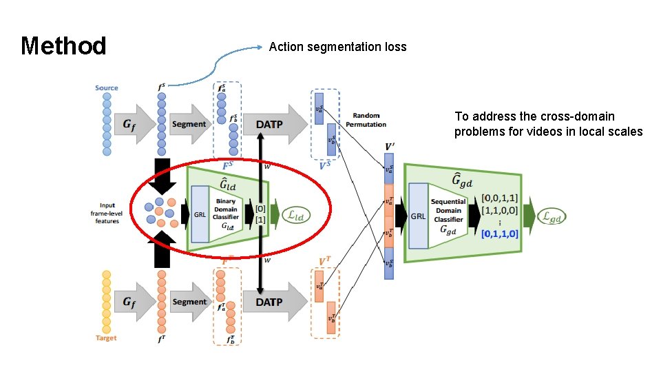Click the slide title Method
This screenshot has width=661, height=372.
tap(63, 46)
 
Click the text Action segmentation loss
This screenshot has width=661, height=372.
tap(337, 47)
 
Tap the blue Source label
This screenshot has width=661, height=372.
tap(107, 87)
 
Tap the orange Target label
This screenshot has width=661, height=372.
tap(106, 338)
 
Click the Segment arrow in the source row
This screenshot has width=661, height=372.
tap(189, 124)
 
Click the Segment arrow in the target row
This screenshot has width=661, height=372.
tap(189, 302)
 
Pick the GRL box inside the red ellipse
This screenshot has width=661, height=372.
tap(200, 214)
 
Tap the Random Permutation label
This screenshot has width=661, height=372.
tap(370, 120)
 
